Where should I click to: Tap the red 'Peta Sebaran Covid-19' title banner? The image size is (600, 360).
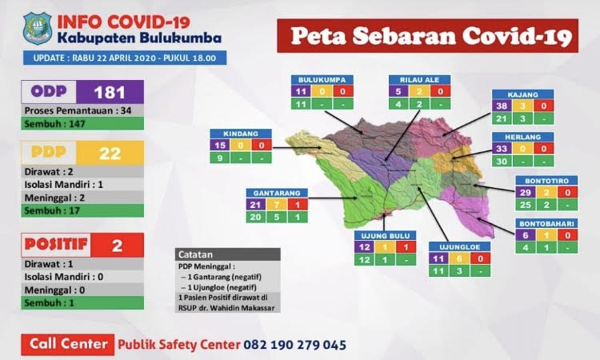(x=428, y=35)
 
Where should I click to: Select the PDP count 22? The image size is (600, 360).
(x=110, y=153)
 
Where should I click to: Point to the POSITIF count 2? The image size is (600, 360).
(x=117, y=245)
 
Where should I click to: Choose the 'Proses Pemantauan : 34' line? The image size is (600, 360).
(x=82, y=111)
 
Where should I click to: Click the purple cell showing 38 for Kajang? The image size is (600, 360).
(x=502, y=106)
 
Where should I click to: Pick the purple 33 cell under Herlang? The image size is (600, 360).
(x=502, y=149)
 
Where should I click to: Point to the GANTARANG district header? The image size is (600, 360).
(x=275, y=193)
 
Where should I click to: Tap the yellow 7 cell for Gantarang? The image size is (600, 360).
(x=276, y=205)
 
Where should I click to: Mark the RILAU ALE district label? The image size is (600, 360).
(x=419, y=80)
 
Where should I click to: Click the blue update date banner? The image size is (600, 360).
(x=123, y=58)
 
